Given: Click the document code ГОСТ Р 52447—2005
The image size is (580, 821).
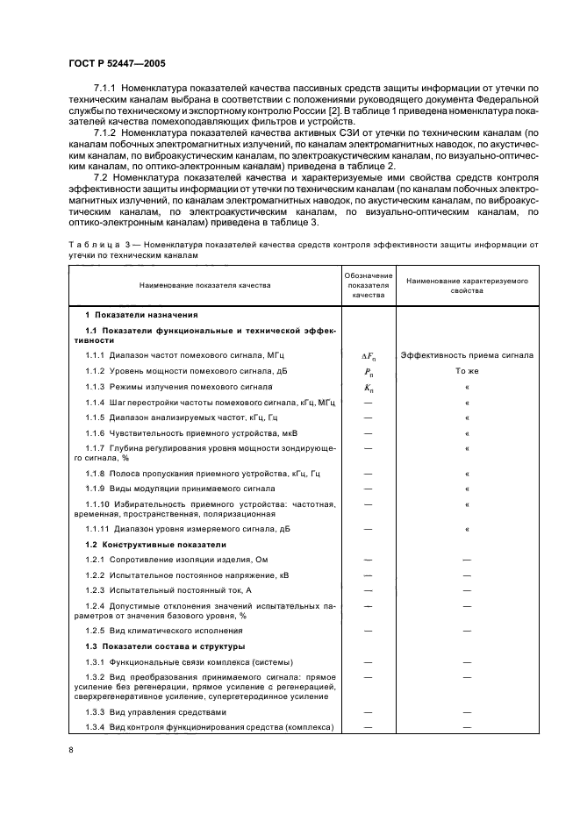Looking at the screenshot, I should (115, 64).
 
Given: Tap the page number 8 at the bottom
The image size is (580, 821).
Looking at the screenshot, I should (72, 750).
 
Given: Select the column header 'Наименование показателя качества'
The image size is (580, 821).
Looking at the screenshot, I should (204, 285).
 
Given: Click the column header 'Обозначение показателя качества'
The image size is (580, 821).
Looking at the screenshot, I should (368, 285).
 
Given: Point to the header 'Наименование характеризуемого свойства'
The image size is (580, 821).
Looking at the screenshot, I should (467, 285).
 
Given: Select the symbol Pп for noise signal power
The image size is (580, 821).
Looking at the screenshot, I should (368, 371).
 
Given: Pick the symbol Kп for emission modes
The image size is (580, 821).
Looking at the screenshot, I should (368, 387).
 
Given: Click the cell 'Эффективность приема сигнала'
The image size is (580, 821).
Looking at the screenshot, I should (467, 355).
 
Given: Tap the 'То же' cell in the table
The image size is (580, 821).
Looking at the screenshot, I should (467, 371).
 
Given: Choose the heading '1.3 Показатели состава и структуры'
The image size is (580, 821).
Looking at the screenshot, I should (168, 646).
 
